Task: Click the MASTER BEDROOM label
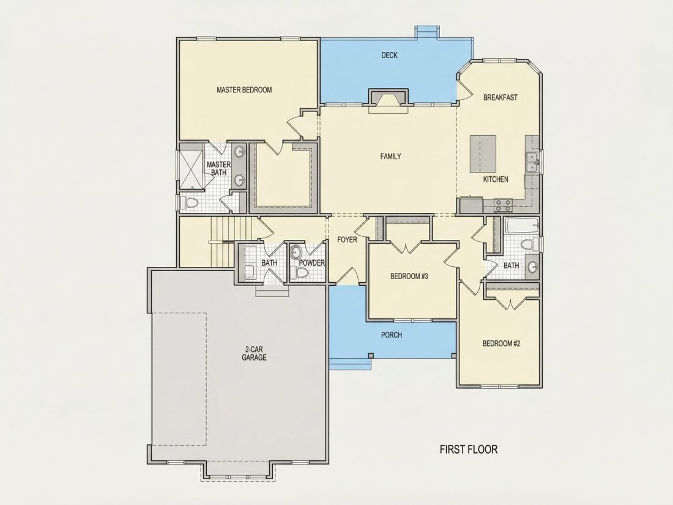point(244,90)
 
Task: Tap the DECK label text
point(389,55)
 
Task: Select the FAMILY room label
point(390,156)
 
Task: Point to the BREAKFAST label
point(500,97)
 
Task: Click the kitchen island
point(483,153)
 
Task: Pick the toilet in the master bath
point(189,203)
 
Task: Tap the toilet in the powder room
point(300,272)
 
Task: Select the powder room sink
point(296,251)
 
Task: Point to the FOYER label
point(347,239)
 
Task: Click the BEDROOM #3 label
point(409,276)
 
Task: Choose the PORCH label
point(392,334)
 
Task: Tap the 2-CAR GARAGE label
point(254,353)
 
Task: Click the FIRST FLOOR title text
point(469,450)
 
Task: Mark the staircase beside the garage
point(223,241)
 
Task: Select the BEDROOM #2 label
point(501,343)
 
